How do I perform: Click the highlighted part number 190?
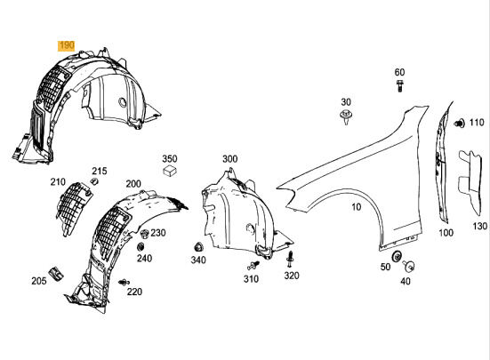tap(67, 44)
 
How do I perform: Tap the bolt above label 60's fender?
tap(399, 87)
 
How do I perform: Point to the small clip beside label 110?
tap(460, 123)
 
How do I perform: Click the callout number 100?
tap(446, 233)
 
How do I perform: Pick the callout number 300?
tap(229, 159)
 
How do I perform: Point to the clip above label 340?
tap(197, 245)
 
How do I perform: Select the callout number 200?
tap(133, 184)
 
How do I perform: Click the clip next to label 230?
tap(143, 234)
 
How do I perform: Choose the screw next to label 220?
tap(123, 282)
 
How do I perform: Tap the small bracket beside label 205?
tap(54, 270)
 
